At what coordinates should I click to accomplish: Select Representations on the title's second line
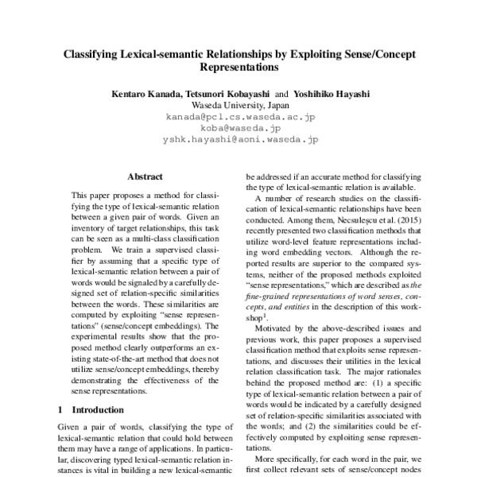tap(238, 69)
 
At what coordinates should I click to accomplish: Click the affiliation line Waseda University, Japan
tap(238, 104)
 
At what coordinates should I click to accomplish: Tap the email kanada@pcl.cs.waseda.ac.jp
tap(238, 116)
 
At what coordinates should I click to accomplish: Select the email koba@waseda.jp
tap(238, 127)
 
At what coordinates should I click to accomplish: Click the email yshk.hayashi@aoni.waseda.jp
tap(238, 138)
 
